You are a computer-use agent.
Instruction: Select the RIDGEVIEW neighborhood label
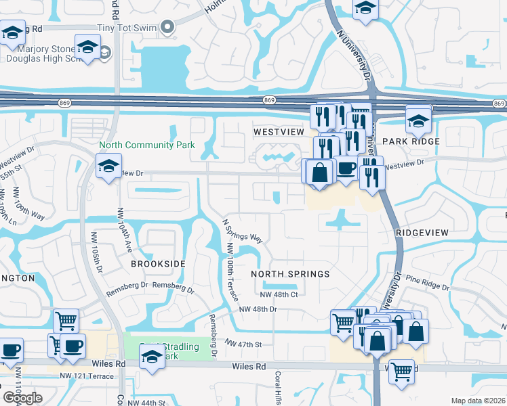click(422, 232)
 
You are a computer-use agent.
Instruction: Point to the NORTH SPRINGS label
click(290, 274)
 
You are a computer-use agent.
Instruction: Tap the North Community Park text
click(147, 145)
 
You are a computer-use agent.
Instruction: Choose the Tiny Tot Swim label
click(127, 28)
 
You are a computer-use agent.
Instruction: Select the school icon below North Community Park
click(108, 166)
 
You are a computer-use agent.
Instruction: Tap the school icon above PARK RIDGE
click(418, 121)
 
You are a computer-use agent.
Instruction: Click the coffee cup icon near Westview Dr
click(346, 168)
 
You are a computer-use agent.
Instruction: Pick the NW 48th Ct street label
click(279, 294)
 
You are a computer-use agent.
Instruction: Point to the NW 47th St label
click(244, 344)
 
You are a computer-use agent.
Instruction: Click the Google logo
click(22, 397)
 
